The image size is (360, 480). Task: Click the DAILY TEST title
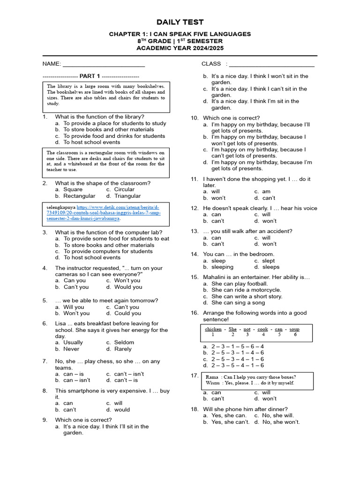click(x=180, y=22)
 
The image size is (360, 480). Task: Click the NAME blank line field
click(x=104, y=64)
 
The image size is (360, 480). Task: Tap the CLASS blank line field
click(x=271, y=64)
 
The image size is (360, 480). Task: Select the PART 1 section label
click(x=90, y=76)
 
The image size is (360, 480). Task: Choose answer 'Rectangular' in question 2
click(x=79, y=196)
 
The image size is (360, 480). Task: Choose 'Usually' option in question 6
click(x=73, y=342)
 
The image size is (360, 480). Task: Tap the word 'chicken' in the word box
click(x=213, y=329)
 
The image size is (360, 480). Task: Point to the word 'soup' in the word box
click(x=294, y=329)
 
